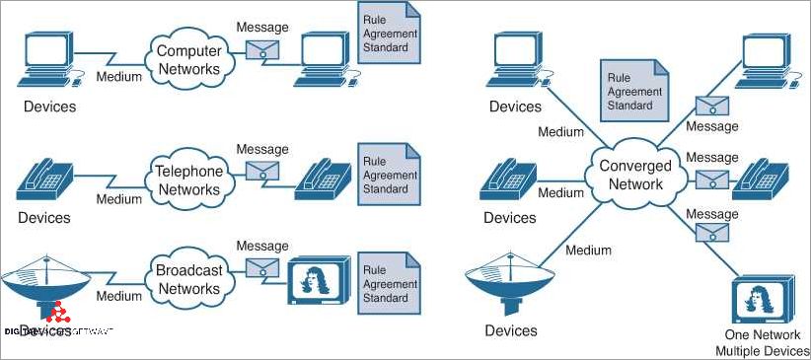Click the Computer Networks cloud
point(189,58)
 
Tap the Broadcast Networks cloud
point(189,279)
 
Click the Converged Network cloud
point(636,175)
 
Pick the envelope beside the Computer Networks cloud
point(261,49)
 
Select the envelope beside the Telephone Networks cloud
point(261,170)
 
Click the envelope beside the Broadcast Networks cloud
point(261,267)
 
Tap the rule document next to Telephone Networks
point(387,176)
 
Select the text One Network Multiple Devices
point(761,343)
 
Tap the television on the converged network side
point(760,300)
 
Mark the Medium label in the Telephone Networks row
point(118,198)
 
